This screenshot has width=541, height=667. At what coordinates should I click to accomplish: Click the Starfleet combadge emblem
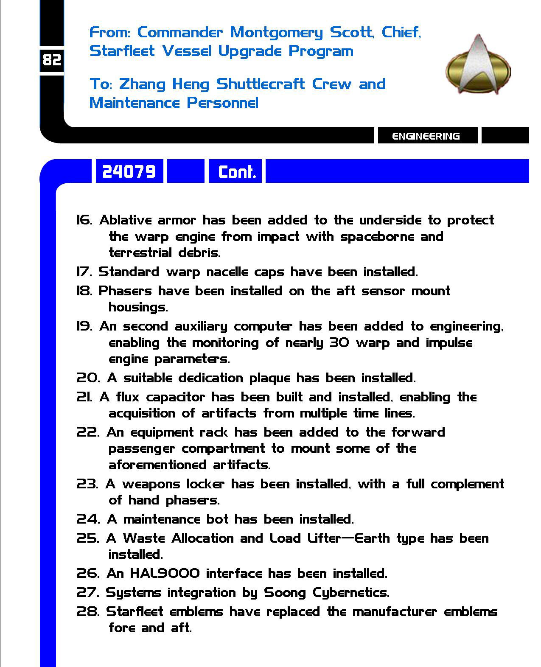click(x=478, y=65)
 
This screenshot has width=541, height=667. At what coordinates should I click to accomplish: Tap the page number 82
click(x=52, y=60)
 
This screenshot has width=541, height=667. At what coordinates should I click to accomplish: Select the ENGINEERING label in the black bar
click(x=426, y=136)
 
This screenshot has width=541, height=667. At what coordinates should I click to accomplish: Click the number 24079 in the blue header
click(x=129, y=171)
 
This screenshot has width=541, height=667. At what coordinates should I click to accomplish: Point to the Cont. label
click(x=237, y=172)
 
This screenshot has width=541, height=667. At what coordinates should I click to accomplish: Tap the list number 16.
click(x=84, y=220)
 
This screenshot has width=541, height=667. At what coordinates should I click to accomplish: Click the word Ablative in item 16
click(x=125, y=220)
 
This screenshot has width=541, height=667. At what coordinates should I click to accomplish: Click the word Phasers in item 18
click(x=125, y=291)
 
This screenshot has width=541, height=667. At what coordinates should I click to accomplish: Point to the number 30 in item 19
click(x=339, y=343)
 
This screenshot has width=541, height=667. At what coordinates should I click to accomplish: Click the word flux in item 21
click(x=127, y=397)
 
